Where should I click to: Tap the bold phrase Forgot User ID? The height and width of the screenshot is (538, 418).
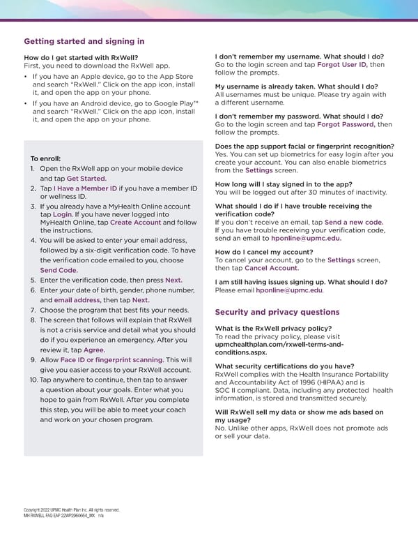tap(342, 65)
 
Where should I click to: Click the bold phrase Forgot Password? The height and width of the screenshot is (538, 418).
tap(346, 124)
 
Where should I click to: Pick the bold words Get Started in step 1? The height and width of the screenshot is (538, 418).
tap(86, 178)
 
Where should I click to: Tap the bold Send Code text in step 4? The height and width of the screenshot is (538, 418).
tap(59, 270)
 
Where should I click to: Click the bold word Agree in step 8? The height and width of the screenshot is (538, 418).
tap(94, 350)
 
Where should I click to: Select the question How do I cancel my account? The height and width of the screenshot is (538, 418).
tap(264, 252)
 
